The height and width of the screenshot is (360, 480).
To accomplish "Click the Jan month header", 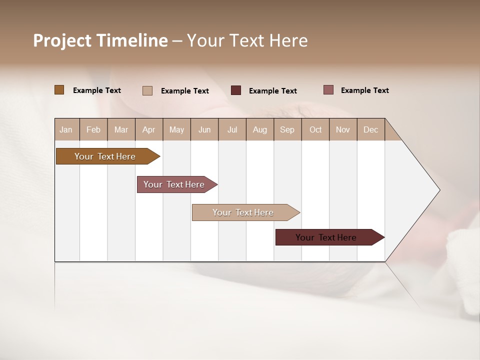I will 66,129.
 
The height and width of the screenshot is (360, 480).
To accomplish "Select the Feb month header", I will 93,129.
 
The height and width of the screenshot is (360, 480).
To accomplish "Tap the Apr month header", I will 149,129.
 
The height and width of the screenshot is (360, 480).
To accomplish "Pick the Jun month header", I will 204,129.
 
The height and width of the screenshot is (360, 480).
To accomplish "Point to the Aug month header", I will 260,129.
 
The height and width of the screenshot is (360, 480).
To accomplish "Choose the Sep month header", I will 287,129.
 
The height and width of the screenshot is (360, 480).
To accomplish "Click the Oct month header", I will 315,129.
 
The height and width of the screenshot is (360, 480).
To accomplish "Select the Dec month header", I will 371,129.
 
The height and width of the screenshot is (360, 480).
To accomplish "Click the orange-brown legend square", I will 59,90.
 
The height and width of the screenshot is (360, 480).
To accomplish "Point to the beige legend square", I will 147,90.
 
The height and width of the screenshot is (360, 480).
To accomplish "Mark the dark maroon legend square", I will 236,90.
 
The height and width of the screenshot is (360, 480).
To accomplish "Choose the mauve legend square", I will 328,90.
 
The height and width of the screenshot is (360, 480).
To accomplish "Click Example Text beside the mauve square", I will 364,90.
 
